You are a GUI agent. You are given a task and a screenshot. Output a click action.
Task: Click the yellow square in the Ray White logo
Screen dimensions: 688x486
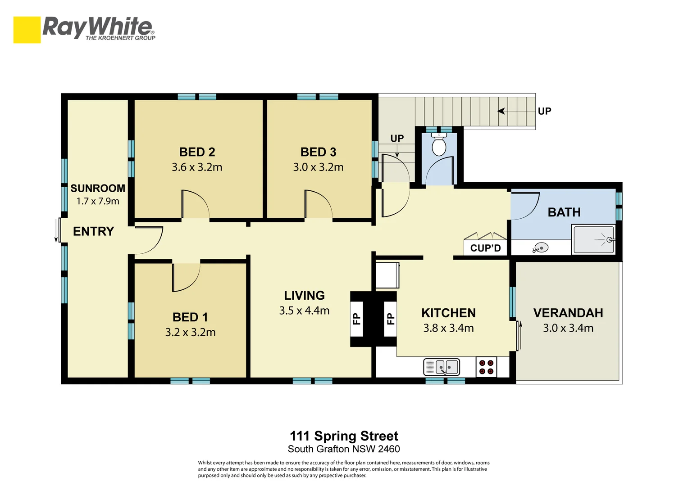(x=27, y=30)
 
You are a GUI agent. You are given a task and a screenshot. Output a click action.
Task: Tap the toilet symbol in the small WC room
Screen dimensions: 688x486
(x=439, y=144)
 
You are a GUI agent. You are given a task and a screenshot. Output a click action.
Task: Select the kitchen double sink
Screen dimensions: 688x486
(x=442, y=367)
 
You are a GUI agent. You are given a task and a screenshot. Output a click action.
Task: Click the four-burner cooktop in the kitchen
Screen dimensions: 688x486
(x=486, y=367)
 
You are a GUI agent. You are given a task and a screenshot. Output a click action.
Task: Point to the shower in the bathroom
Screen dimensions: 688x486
(x=593, y=239)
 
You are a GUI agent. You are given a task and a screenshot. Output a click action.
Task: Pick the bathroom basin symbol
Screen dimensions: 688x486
(x=540, y=247)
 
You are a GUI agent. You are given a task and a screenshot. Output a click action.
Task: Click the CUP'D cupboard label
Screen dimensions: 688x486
(x=486, y=248)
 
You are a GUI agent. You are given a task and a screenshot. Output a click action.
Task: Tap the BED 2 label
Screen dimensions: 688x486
(x=197, y=152)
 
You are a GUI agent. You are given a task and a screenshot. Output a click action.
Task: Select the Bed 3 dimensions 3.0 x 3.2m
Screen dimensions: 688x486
(x=318, y=167)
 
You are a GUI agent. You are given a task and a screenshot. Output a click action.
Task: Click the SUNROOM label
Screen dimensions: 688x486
(x=98, y=188)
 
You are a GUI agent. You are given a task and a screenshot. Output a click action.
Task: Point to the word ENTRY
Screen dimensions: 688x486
(x=93, y=231)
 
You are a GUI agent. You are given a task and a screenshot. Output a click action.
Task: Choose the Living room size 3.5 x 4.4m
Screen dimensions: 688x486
(x=304, y=311)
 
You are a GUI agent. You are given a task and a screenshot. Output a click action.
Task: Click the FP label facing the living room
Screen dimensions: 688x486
(x=356, y=319)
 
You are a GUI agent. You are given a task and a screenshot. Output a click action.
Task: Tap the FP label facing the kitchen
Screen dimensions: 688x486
(x=390, y=319)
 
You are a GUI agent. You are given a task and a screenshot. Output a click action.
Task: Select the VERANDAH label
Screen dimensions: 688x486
(x=568, y=313)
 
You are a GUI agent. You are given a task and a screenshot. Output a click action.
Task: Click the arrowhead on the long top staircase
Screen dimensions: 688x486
(x=501, y=111)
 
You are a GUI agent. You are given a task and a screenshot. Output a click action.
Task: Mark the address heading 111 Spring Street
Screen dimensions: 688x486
(x=344, y=436)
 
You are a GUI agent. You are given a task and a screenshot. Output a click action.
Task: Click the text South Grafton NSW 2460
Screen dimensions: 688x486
(x=344, y=449)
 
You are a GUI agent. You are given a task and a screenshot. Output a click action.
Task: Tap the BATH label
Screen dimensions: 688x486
(x=564, y=212)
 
